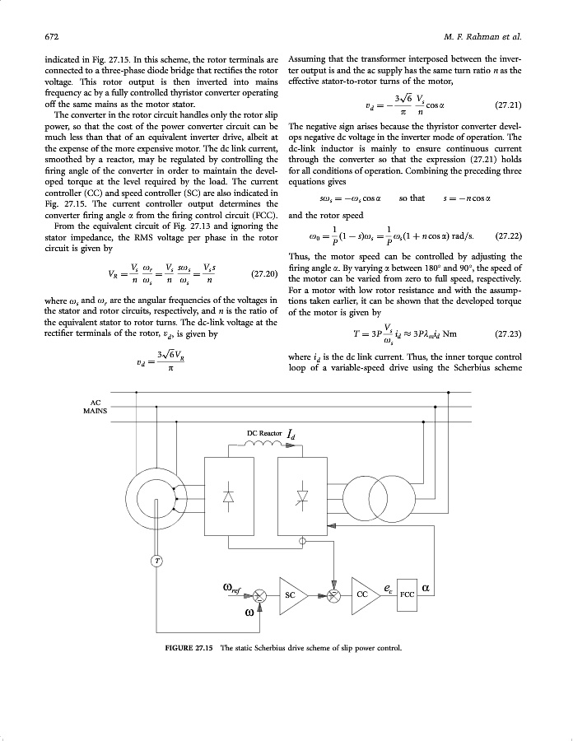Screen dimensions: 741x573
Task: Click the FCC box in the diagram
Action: tap(408, 593)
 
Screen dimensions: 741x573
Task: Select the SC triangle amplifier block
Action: tap(291, 593)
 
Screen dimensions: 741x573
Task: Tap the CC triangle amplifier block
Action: tap(363, 593)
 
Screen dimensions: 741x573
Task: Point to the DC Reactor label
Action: tap(264, 432)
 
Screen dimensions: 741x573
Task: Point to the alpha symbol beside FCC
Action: tap(426, 589)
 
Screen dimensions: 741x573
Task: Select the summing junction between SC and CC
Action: tap(334, 595)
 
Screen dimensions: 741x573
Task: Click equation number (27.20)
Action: tap(263, 273)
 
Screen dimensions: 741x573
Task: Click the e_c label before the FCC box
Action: tap(388, 588)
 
